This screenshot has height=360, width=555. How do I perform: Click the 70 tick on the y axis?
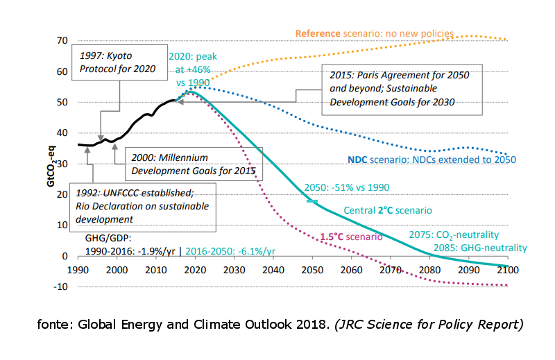[x=62, y=41]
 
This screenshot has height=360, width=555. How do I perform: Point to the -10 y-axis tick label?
[x=60, y=286]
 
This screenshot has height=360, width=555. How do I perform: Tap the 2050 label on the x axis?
[x=312, y=270]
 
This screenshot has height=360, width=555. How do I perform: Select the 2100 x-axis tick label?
[x=508, y=270]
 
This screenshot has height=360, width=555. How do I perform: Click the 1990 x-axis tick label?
[x=78, y=270]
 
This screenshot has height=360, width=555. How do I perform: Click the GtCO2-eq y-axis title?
[x=51, y=166]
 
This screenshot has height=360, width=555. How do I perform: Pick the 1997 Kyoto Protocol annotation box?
[x=119, y=62]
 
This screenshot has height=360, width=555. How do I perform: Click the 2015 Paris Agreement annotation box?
[x=402, y=89]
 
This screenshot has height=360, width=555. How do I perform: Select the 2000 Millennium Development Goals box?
[x=194, y=164]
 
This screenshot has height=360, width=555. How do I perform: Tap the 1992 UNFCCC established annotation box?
[x=143, y=207]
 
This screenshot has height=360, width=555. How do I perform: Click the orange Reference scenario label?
[x=375, y=33]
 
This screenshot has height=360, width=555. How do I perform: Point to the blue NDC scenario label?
[x=432, y=160]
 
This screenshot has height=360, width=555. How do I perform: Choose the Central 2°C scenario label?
[x=388, y=210]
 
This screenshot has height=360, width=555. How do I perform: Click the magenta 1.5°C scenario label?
[x=351, y=237]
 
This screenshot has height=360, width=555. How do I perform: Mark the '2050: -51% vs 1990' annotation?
[x=347, y=187]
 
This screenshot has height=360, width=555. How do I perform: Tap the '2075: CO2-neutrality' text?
[x=454, y=235]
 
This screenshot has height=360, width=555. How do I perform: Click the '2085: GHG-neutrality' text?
[x=480, y=248]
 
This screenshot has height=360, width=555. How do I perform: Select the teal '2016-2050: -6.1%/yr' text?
[x=230, y=251]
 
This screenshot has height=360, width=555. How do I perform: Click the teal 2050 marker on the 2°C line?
[x=312, y=201]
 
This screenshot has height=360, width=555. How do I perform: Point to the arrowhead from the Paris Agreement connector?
[x=180, y=102]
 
